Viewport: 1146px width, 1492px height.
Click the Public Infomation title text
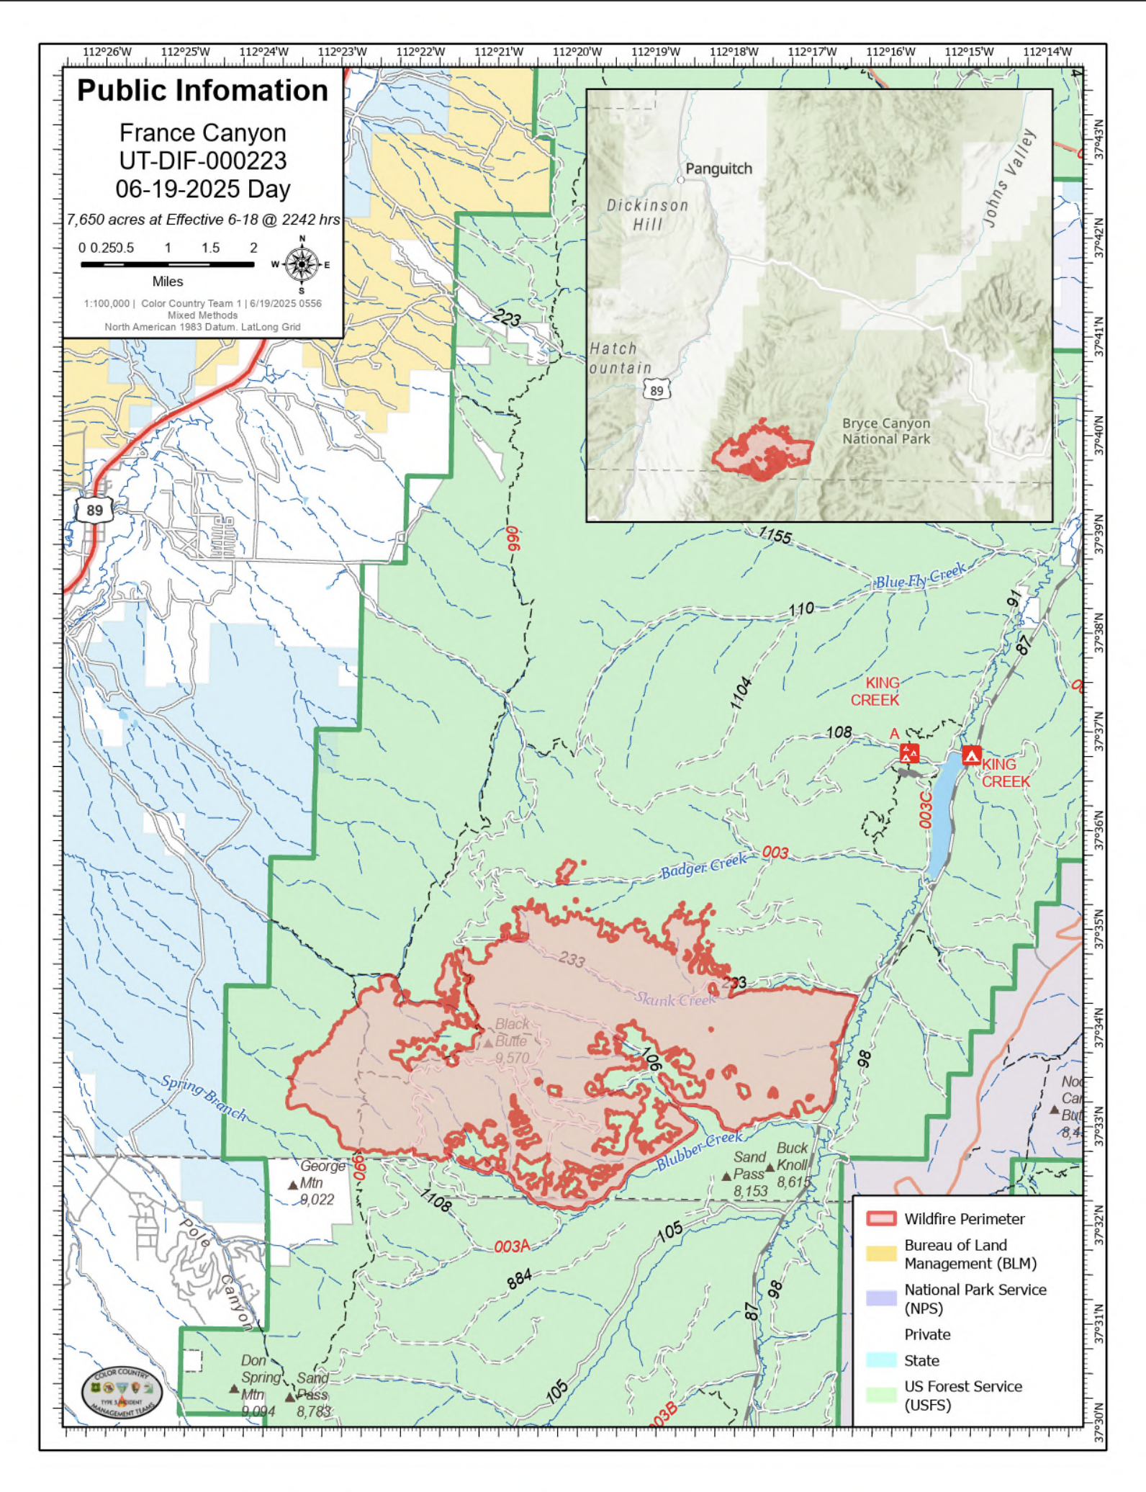pos(202,91)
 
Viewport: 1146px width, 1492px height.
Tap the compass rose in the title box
pos(302,264)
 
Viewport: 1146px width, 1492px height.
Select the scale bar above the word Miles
pos(167,264)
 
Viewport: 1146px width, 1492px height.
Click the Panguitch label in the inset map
pos(718,168)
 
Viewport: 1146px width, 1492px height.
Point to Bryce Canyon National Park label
pos(886,431)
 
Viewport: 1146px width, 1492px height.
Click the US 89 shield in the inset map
pos(657,390)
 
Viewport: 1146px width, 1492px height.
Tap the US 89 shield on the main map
pos(94,511)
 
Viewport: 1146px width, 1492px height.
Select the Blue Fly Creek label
pos(920,578)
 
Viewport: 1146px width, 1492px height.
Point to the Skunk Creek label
pos(674,999)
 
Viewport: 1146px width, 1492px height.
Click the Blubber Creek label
pos(699,1151)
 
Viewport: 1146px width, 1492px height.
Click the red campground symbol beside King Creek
pos(971,756)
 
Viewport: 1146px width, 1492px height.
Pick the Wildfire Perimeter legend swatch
pos(880,1218)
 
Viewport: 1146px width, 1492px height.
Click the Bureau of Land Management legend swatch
pos(880,1254)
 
